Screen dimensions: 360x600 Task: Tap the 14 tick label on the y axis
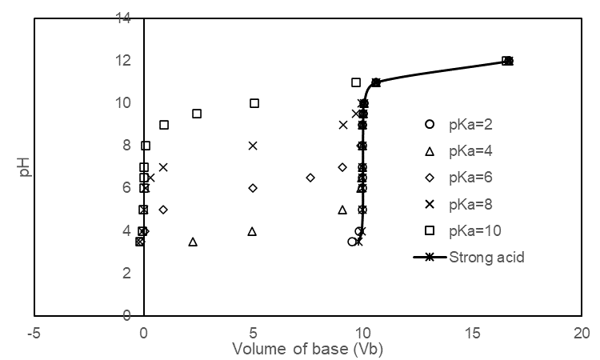point(123,18)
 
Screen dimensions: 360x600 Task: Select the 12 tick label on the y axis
point(123,60)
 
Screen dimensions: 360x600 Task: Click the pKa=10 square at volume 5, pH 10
point(254,103)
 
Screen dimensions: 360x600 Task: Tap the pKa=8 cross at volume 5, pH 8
point(253,146)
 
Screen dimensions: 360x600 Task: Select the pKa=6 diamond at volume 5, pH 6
point(253,188)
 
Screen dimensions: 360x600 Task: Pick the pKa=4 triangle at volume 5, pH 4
point(252,231)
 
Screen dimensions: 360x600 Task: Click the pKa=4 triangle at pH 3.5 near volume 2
point(193,242)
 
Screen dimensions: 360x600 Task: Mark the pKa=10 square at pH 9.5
point(197,114)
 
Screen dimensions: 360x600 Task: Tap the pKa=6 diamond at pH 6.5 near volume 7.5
point(310,178)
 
